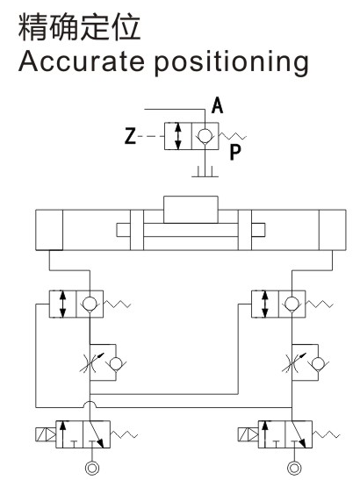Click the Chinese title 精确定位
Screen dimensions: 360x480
tap(79, 27)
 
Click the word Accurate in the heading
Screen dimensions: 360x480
tap(82, 61)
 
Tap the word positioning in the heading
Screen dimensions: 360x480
tap(231, 63)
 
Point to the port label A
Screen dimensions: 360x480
tap(217, 105)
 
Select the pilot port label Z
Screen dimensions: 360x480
tap(130, 136)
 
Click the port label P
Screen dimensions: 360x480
tap(235, 152)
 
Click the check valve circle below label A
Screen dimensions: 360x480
tap(205, 135)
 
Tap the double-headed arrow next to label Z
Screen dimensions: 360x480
tap(177, 136)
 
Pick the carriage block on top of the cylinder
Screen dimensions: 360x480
tap(191, 210)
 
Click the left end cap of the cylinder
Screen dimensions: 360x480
tap(49, 230)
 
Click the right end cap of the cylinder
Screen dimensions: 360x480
tap(333, 230)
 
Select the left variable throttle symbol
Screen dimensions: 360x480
tap(91, 362)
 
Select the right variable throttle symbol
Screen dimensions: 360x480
tap(293, 362)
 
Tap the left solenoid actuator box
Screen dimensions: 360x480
tap(46, 434)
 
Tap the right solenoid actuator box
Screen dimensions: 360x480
tap(248, 434)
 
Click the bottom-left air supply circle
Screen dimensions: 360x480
tap(91, 468)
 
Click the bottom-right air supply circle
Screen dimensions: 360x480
tap(294, 468)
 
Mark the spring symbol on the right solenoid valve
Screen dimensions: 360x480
tap(326, 434)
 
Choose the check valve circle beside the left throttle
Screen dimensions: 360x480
tap(116, 363)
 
